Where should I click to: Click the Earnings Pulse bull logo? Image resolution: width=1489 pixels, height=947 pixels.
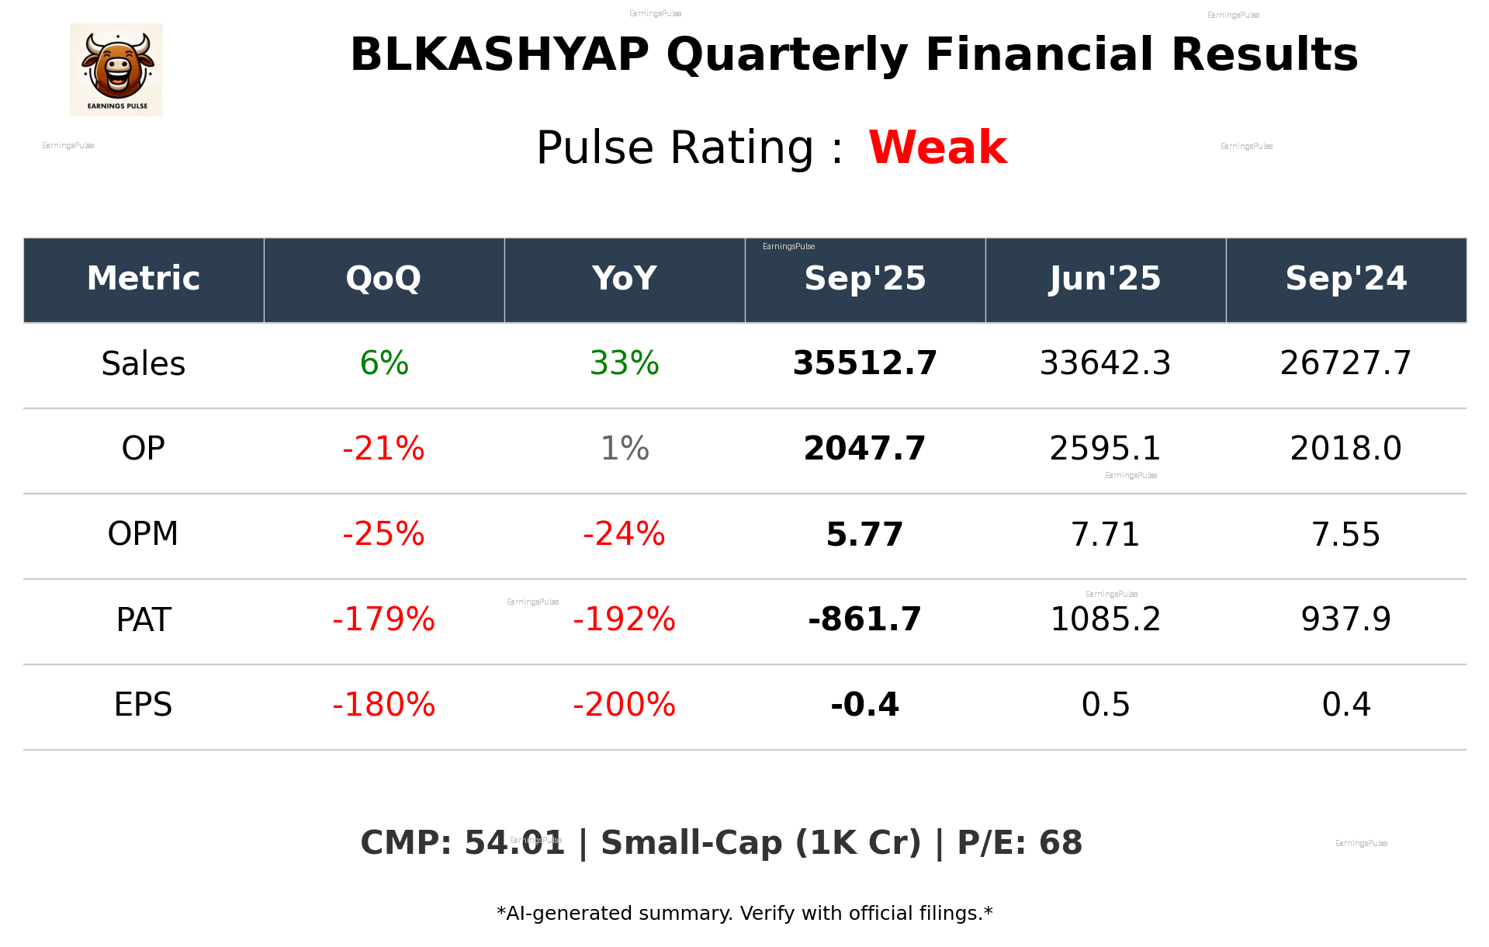tap(116, 70)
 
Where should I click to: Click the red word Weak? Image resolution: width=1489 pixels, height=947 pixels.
tap(937, 147)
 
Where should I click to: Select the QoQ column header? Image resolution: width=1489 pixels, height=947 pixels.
tap(383, 279)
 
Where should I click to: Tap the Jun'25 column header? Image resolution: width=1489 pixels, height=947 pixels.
tap(1105, 279)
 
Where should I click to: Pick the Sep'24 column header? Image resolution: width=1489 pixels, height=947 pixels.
tap(1345, 279)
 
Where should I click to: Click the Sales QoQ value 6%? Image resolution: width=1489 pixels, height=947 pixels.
tap(384, 363)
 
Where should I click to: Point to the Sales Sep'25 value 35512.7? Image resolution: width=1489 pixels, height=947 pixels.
tap(864, 363)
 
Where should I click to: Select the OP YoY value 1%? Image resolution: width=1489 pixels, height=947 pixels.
tap(625, 449)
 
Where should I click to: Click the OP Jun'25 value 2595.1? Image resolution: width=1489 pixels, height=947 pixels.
tap(1105, 449)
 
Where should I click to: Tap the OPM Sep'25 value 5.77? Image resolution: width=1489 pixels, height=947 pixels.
tap(864, 534)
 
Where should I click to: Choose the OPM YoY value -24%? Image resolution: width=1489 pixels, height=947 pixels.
tap(624, 534)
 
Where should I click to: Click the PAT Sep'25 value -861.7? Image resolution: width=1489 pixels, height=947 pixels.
tap(864, 619)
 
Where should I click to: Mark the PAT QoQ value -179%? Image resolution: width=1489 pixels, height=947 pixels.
tap(383, 619)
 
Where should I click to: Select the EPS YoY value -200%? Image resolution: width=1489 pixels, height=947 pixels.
tap(624, 705)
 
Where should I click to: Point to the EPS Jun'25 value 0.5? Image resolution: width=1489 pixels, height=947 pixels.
tap(1105, 705)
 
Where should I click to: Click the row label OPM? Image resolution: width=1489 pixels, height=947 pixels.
tap(143, 534)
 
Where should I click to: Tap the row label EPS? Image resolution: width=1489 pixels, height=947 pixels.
tap(143, 705)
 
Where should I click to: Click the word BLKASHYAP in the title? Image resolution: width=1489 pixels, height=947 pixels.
tap(499, 54)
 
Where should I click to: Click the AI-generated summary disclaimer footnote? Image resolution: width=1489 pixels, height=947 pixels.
tap(744, 914)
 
